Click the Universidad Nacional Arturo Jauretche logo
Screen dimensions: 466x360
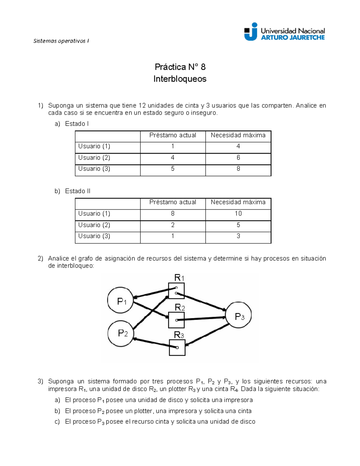284,32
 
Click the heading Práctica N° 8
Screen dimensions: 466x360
180,67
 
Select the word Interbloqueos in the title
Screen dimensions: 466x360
180,79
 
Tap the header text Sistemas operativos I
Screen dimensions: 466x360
61,41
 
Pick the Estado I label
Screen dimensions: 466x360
76,124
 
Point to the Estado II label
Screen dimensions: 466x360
77,191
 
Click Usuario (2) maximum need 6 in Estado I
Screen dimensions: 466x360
238,158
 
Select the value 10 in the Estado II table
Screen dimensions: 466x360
238,213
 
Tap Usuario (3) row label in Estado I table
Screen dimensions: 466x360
94,169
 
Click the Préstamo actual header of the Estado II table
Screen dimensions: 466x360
173,202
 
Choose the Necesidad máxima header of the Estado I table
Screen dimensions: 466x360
238,135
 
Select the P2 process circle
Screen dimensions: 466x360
121,333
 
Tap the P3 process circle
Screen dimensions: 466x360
238,315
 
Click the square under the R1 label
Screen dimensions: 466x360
176,291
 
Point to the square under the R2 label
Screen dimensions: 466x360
176,320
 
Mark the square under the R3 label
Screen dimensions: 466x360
177,347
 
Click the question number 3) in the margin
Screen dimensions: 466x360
40,381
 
